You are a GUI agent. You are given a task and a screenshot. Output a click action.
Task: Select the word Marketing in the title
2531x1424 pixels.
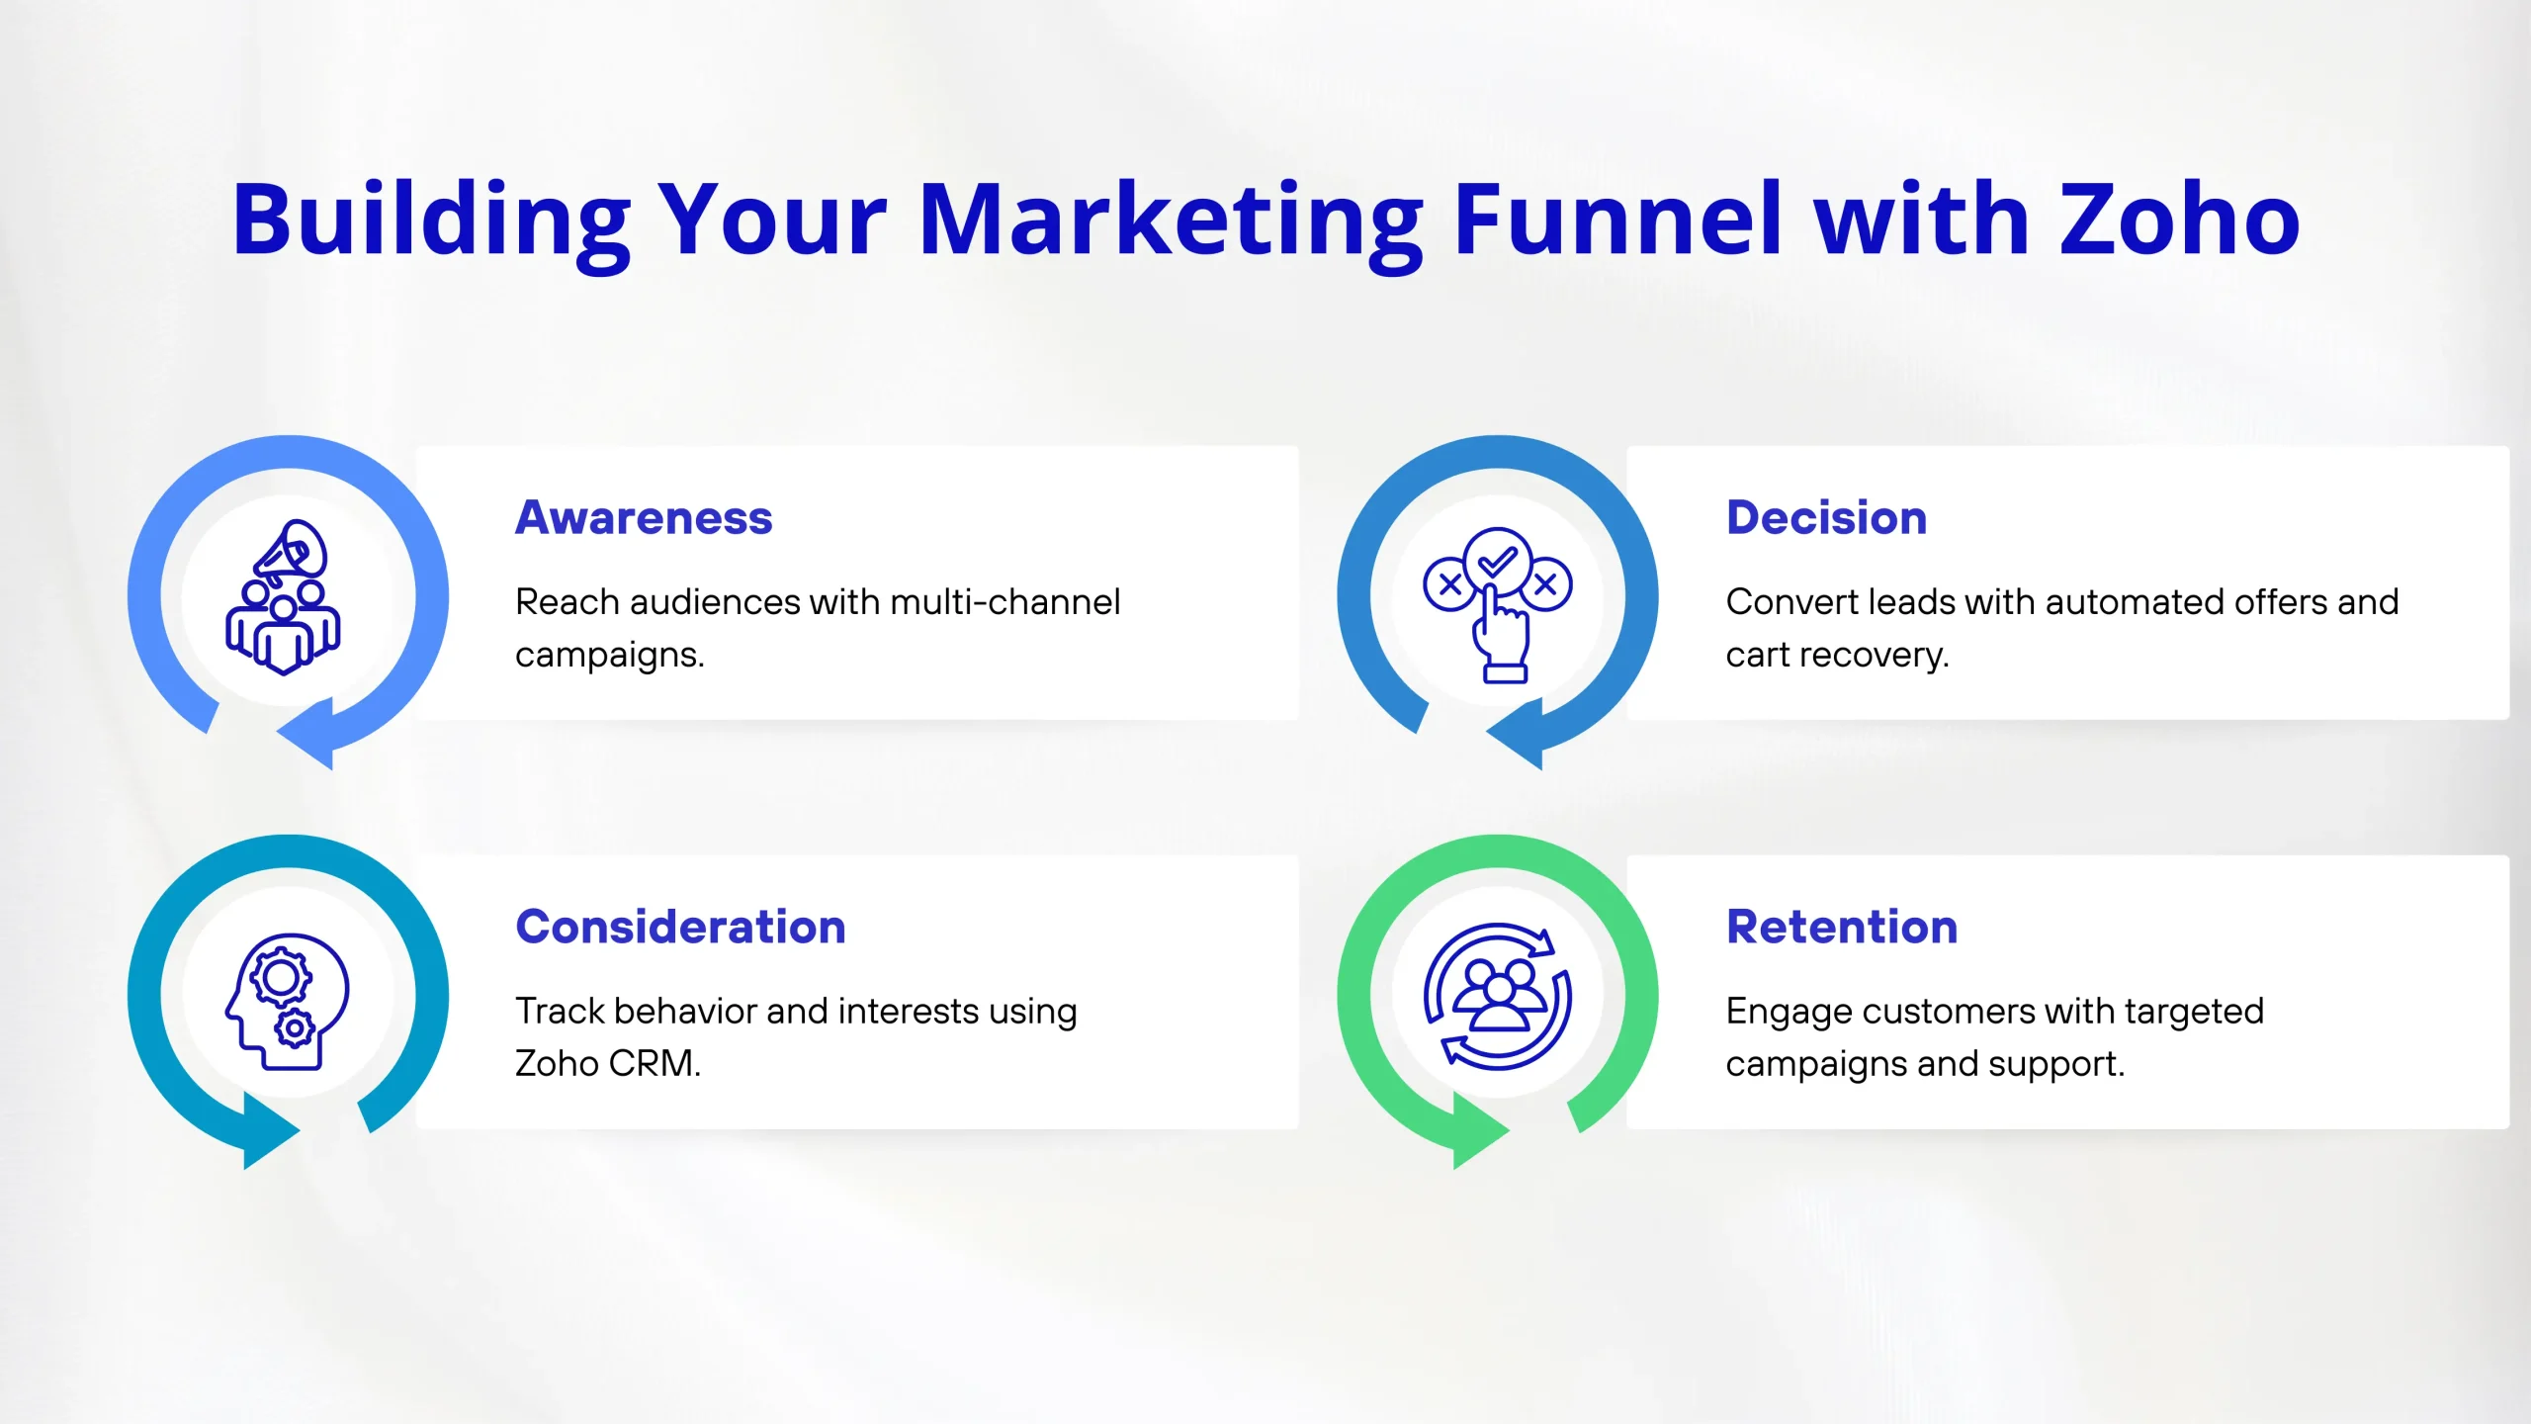1172,225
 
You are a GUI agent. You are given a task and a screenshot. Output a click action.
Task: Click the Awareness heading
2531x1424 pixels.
644,517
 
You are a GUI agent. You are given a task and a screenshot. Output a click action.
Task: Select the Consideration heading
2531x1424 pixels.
680,927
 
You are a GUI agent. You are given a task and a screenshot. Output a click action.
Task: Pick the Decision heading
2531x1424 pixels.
1826,517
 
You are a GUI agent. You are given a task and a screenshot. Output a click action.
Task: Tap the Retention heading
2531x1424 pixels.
1842,927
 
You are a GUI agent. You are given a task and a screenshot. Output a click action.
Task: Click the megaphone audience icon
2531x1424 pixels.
284,597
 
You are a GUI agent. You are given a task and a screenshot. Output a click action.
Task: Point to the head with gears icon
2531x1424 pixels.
287,1002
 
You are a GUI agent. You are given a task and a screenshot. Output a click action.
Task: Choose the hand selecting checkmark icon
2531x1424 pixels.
1498,604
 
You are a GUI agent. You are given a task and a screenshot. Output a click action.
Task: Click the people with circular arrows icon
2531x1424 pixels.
1497,996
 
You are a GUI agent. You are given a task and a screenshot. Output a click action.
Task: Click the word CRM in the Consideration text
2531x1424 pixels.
654,1063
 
